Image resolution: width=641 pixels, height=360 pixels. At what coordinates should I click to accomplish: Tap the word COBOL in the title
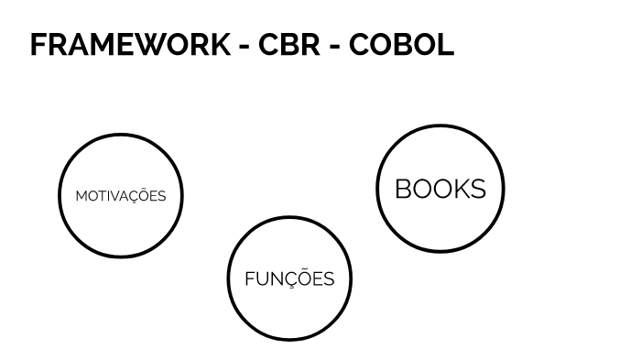(x=401, y=45)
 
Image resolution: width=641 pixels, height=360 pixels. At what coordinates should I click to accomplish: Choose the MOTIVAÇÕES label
(x=121, y=196)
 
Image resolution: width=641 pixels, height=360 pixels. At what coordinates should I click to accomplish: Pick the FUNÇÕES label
(x=289, y=279)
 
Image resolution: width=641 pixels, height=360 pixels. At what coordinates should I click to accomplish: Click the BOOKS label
(x=440, y=189)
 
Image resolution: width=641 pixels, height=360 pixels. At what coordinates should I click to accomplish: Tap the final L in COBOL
(x=445, y=45)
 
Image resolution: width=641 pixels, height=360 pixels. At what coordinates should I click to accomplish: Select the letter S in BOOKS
(x=477, y=189)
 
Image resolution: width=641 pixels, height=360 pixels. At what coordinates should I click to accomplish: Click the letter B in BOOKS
(x=404, y=189)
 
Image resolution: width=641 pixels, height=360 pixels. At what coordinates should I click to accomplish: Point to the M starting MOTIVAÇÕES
(x=81, y=196)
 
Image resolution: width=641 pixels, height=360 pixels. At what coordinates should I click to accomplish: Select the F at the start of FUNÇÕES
(x=249, y=279)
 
